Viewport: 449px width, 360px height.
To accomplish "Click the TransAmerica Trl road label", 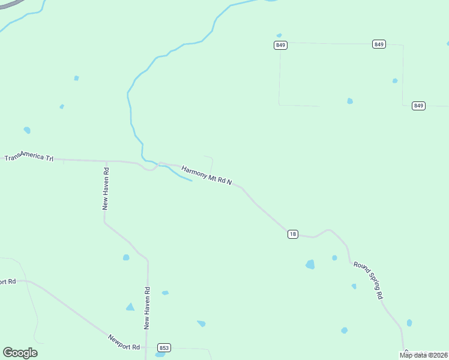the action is pyautogui.click(x=29, y=157).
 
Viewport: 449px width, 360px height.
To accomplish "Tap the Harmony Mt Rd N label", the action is pyautogui.click(x=206, y=175).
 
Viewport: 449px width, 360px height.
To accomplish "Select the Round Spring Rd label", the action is pyautogui.click(x=368, y=280).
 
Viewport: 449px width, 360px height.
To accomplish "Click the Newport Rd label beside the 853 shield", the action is pyautogui.click(x=124, y=342).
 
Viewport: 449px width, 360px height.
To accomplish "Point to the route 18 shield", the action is pyautogui.click(x=292, y=234).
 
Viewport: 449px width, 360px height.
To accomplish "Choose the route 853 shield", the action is pyautogui.click(x=164, y=348).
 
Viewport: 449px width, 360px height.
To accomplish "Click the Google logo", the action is pyautogui.click(x=20, y=353).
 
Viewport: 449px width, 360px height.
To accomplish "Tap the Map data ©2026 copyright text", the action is pyautogui.click(x=423, y=355).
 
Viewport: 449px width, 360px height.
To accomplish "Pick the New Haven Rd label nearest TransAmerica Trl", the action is pyautogui.click(x=106, y=193).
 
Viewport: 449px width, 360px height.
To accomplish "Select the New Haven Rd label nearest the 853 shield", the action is pyautogui.click(x=147, y=308).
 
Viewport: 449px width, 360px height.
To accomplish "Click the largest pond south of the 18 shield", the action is pyautogui.click(x=310, y=264).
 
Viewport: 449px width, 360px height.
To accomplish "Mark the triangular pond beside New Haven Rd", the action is pyautogui.click(x=130, y=307).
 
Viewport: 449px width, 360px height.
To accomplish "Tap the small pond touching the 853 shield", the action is pyautogui.click(x=160, y=355).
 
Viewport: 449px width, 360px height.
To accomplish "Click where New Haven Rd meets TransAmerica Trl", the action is pyautogui.click(x=106, y=161).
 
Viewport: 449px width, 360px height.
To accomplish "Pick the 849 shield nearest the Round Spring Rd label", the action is pyautogui.click(x=418, y=106).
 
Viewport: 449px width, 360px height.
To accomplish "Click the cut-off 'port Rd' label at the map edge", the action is pyautogui.click(x=7, y=281).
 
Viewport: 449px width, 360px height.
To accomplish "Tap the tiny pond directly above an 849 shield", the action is pyautogui.click(x=279, y=35).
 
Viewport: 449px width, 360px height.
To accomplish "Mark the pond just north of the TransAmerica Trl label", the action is pyautogui.click(x=27, y=130).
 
